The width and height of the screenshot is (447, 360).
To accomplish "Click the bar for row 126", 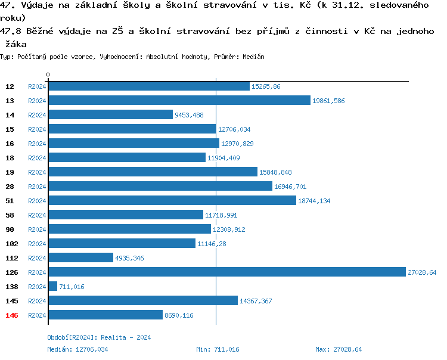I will click(x=226, y=272).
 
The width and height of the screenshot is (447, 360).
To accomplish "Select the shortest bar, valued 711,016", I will click(x=52, y=286).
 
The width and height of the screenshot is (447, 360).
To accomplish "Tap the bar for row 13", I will click(x=179, y=100).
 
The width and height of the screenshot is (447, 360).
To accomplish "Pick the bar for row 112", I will click(x=80, y=257).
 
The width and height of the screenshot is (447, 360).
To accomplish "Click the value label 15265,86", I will click(x=266, y=86).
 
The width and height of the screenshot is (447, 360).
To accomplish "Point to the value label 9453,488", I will click(x=189, y=115).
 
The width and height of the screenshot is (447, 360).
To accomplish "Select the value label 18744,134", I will click(x=313, y=201).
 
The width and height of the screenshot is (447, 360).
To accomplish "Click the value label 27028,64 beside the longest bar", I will click(x=422, y=272).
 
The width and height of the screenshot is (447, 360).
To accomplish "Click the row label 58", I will click(x=10, y=215).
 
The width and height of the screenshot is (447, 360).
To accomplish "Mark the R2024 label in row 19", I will click(x=37, y=172).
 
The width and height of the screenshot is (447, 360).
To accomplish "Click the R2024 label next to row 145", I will click(x=37, y=301).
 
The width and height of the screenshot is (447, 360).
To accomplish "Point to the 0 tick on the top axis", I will click(x=48, y=75).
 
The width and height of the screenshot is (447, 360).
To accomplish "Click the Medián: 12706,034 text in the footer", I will click(x=77, y=349).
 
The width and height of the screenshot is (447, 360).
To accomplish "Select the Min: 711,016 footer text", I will click(x=218, y=349).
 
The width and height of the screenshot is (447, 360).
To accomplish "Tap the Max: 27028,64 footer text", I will click(x=339, y=349).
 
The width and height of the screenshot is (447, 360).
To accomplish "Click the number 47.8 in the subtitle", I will click(x=11, y=31).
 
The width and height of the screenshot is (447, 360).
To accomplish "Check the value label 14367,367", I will click(x=256, y=301).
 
